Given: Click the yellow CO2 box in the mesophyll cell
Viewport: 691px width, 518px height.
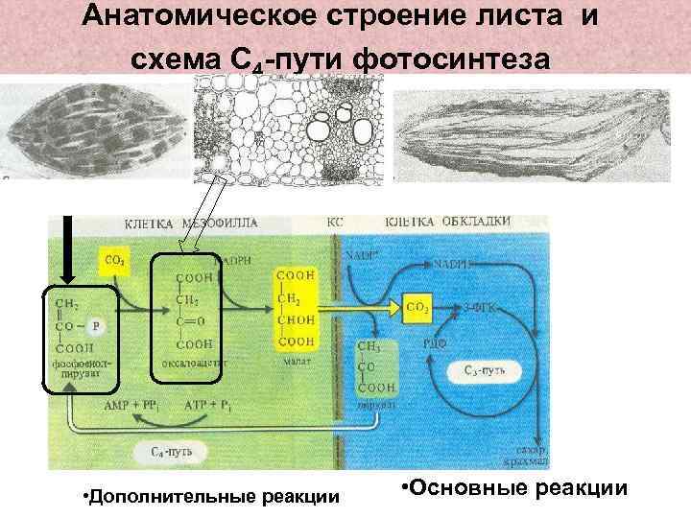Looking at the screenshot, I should [x=112, y=259].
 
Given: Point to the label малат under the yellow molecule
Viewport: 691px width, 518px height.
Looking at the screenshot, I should [x=296, y=363].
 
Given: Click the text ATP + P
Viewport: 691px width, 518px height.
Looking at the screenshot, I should [x=209, y=406].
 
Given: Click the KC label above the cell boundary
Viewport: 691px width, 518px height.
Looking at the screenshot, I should [x=335, y=221].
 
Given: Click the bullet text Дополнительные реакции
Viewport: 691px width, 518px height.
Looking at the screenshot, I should [x=211, y=496].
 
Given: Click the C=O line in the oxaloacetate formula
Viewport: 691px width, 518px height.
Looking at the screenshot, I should [x=190, y=324].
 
